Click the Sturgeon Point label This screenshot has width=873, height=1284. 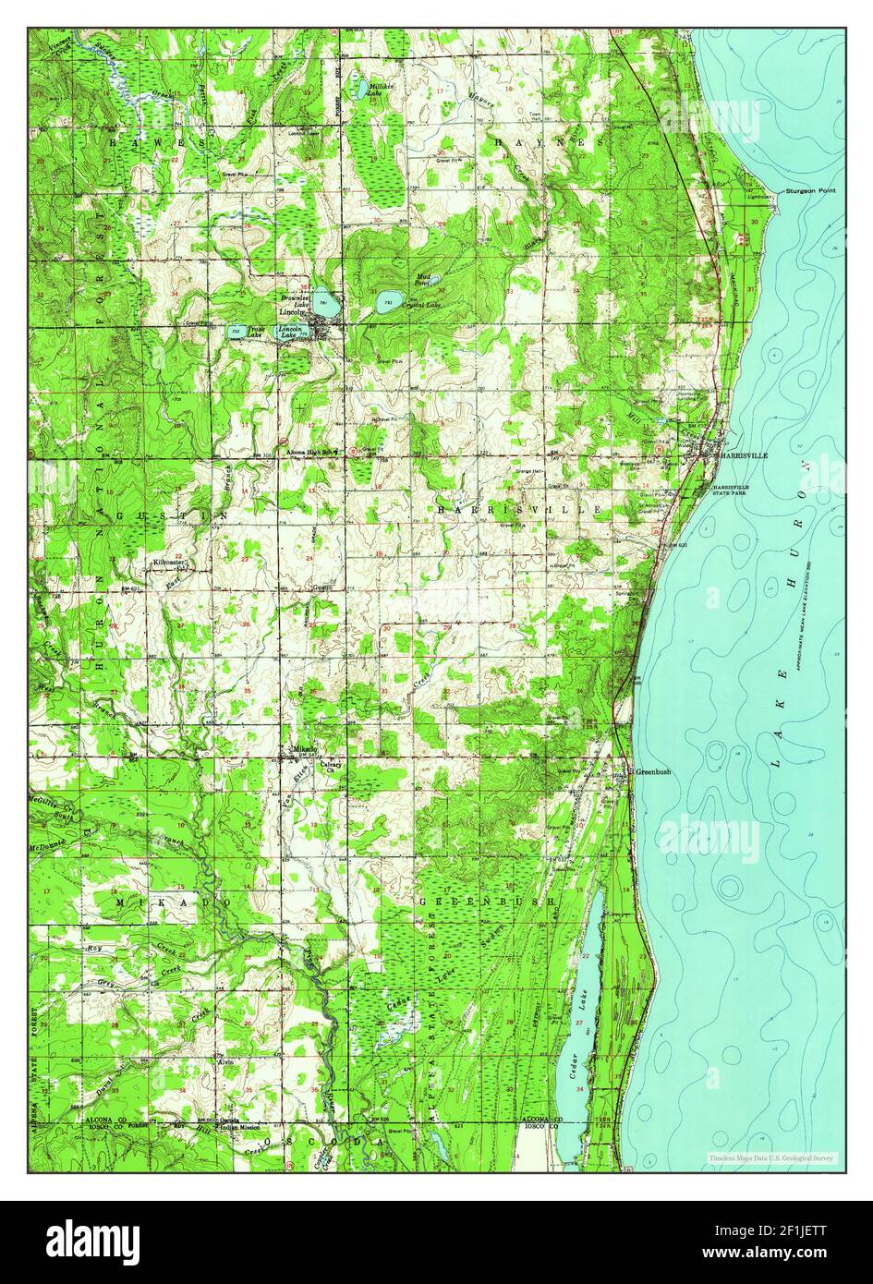pos(810,191)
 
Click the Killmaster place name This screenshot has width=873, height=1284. pos(170,562)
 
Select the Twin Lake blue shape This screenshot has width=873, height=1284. pos(236,331)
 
